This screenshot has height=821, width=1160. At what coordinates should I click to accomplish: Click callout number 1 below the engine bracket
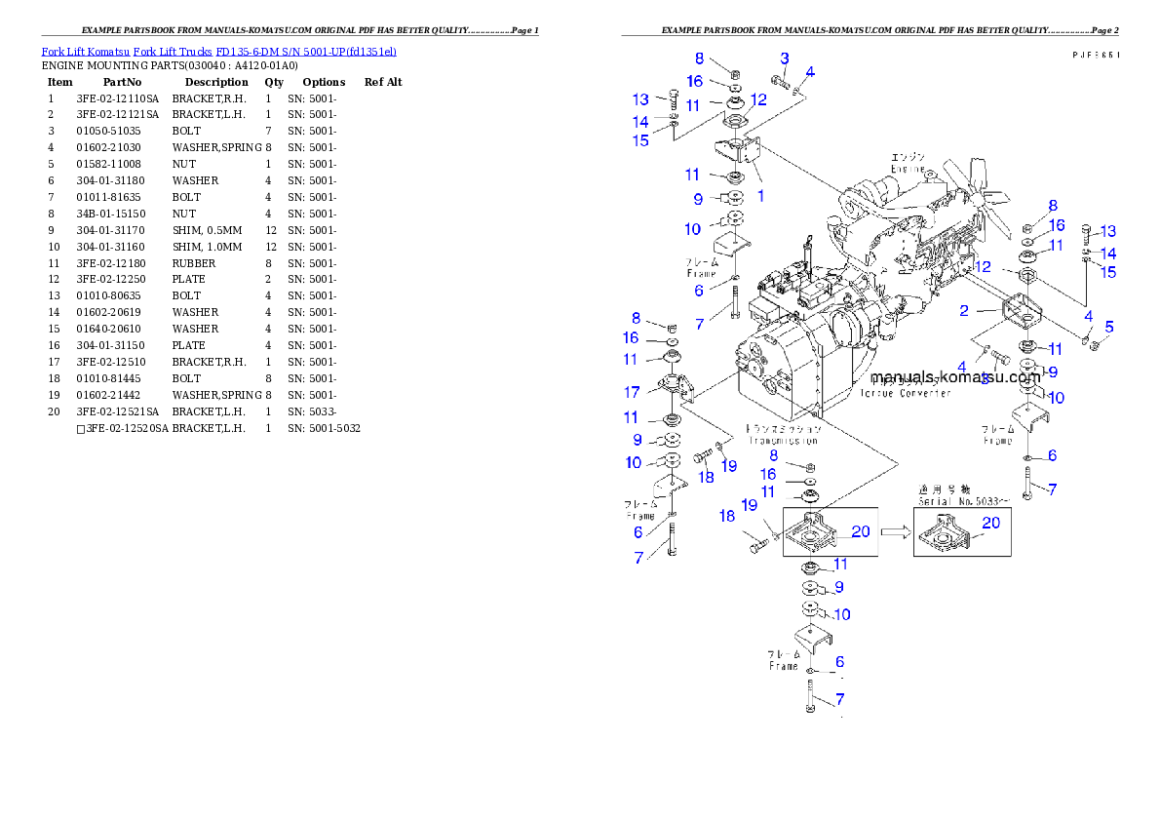pos(760,195)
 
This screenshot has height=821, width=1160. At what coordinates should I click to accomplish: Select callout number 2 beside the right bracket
pos(964,311)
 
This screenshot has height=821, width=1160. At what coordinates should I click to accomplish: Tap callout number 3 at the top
pos(784,59)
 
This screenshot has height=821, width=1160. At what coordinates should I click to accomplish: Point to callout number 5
pos(1109,327)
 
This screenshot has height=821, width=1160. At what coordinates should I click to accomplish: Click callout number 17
pos(633,392)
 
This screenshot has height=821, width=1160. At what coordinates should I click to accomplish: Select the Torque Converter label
pos(905,393)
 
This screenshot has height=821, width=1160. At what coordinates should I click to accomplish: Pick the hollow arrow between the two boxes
pos(895,532)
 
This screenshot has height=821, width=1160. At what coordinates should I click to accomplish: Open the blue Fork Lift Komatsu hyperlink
pos(218,51)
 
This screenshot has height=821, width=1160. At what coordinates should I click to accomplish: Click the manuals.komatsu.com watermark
pos(955,376)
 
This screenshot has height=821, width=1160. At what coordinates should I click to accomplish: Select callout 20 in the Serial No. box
pos(990,524)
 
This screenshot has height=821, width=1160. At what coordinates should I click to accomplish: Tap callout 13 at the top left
pos(640,100)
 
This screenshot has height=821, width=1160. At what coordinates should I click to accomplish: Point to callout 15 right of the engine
pos(1108,272)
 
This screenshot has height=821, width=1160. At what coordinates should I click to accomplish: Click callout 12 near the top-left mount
pos(759,99)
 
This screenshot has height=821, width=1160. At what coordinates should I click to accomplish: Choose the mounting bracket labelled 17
pos(674,388)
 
